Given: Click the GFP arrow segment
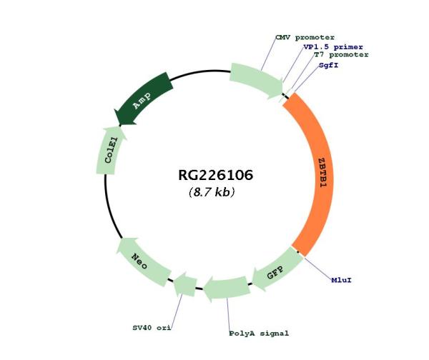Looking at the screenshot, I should point(272,272).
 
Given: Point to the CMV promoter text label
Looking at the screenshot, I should point(305,37).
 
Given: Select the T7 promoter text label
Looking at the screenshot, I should point(341,54).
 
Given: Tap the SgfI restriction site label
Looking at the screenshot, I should point(328,64).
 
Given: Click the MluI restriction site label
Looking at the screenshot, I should point(340,279).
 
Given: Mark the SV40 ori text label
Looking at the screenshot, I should point(151,328).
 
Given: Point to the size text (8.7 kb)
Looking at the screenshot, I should point(212,192).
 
